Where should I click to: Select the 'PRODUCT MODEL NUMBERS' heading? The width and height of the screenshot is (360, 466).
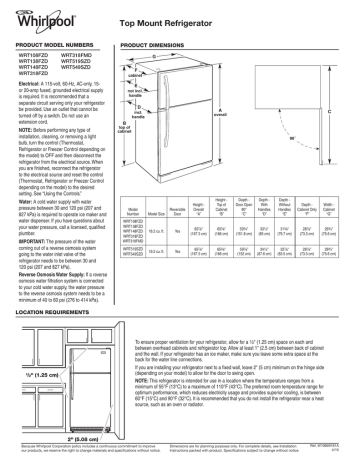point(49,47)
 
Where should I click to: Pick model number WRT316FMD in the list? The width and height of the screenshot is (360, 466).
point(79,56)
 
